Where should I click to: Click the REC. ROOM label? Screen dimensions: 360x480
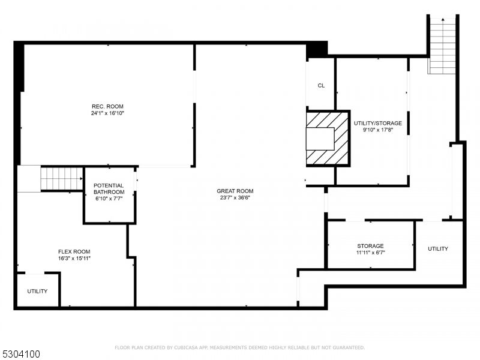pos(107,106)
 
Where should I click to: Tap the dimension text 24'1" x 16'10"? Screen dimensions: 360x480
pos(107,113)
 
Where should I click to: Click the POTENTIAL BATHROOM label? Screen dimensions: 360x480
pos(109,189)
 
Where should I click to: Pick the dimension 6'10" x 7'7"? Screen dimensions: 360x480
pos(109,199)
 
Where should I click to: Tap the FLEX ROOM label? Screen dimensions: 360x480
pos(74,251)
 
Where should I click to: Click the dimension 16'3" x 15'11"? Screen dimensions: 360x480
pos(74,258)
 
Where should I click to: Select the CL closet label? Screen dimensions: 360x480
pos(321,86)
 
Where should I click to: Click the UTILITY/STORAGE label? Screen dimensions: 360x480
pos(378,123)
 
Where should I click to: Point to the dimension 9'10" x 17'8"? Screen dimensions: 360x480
pos(378,130)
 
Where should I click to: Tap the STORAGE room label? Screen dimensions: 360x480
pos(370,246)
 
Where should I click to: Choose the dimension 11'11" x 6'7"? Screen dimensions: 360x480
pos(370,253)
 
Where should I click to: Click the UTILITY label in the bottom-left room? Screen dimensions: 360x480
pos(37,291)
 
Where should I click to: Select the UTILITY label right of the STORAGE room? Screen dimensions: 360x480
pos(437,248)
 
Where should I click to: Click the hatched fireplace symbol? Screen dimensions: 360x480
pos(328,139)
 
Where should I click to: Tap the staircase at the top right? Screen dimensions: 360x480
pos(443,45)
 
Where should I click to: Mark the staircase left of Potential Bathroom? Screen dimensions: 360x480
pos(61,179)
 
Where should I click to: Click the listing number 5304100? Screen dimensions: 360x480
pos(21,354)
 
